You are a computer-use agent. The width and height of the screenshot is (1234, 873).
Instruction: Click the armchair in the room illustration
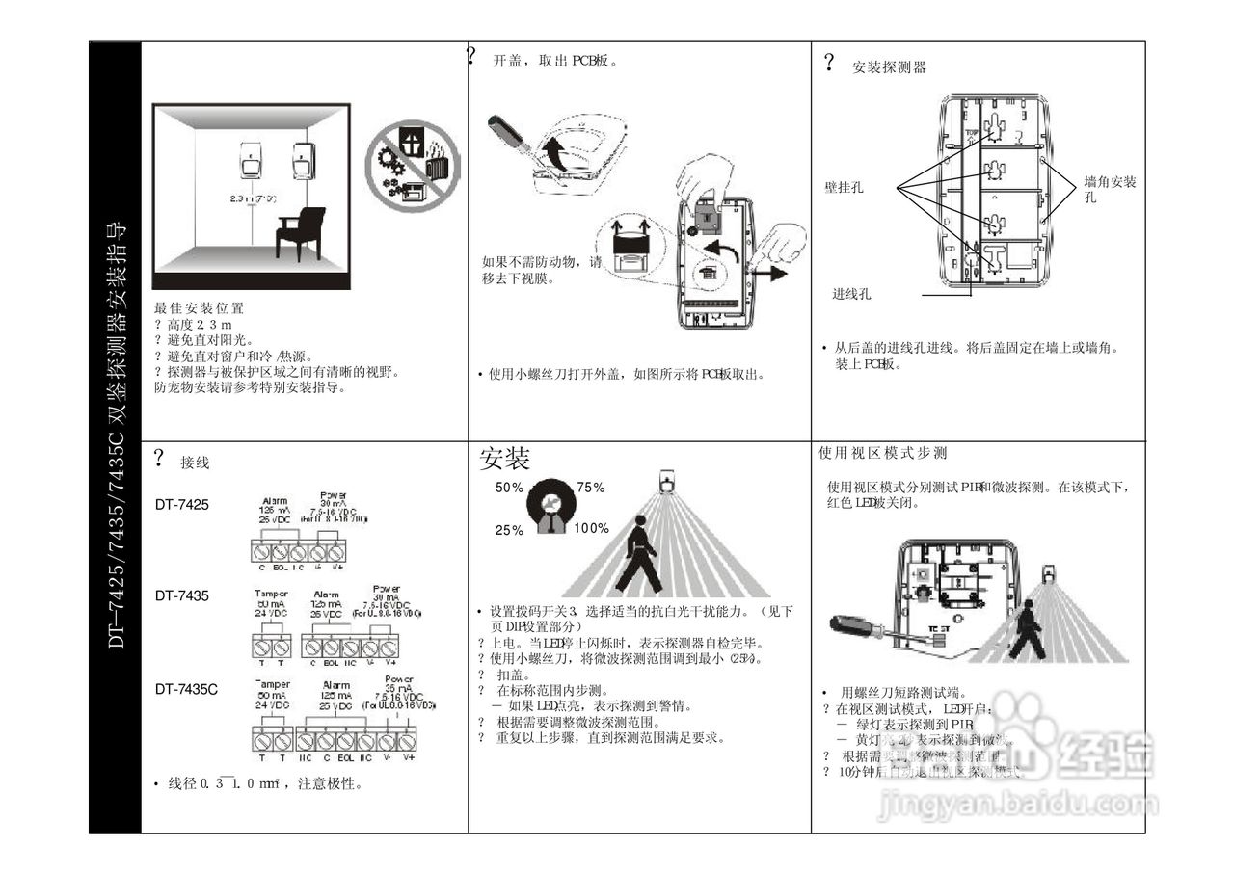298,234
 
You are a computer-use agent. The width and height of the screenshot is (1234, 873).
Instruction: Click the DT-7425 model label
182,504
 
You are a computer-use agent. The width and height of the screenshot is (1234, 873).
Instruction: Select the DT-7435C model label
187,689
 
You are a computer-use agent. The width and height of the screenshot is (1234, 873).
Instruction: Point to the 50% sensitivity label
509,488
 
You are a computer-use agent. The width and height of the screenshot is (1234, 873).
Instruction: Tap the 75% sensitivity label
590,488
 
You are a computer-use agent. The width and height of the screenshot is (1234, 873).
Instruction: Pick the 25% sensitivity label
509,530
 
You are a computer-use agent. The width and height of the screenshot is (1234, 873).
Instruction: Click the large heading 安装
505,459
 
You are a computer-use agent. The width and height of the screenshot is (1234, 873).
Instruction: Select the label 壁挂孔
844,187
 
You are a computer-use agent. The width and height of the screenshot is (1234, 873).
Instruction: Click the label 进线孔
852,293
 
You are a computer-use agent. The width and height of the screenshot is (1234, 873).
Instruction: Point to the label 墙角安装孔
1109,188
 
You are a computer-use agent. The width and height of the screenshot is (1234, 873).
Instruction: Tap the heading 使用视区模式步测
882,453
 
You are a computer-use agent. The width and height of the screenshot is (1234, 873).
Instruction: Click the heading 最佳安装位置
199,308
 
